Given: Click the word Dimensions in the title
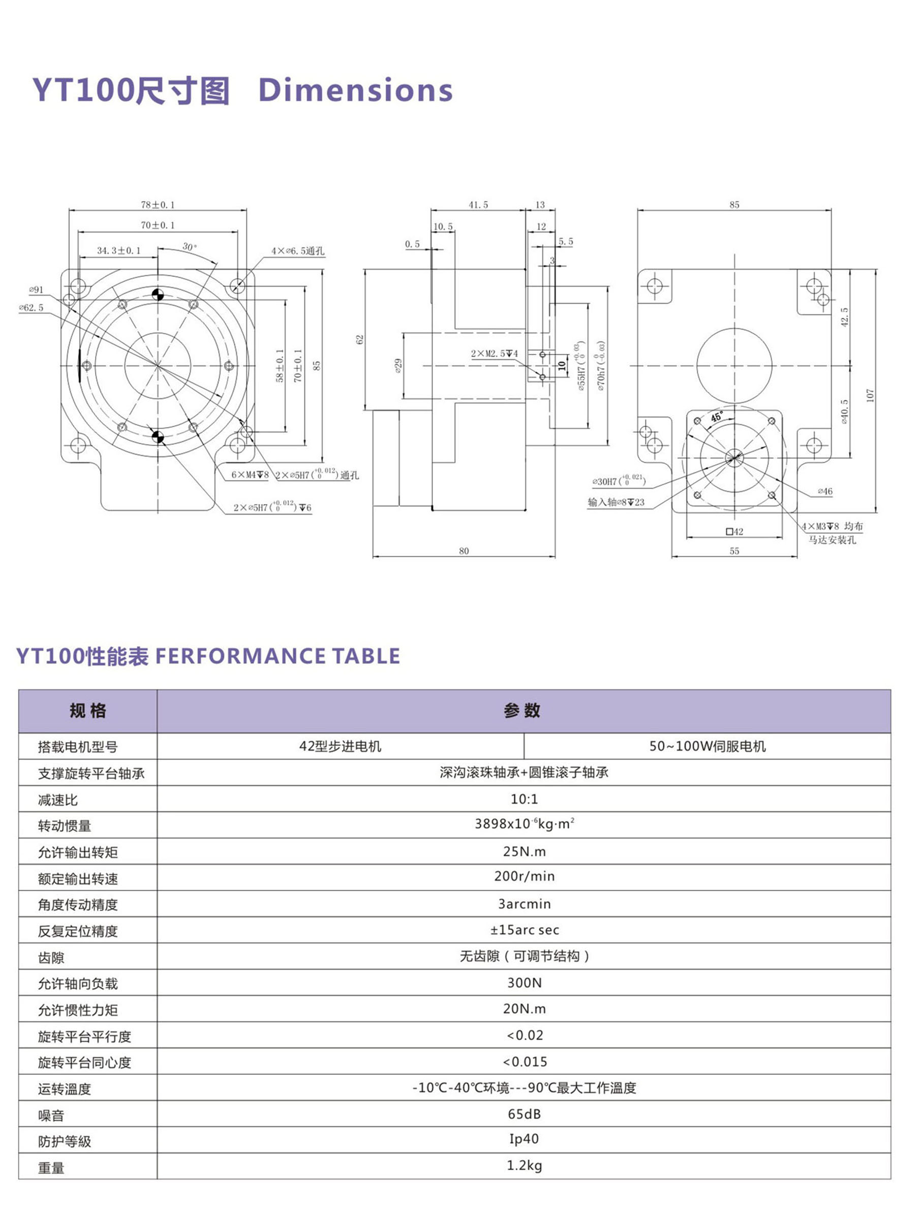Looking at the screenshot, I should pyautogui.click(x=355, y=90).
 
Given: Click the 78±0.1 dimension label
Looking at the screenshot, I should pyautogui.click(x=158, y=205).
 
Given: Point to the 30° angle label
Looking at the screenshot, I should pyautogui.click(x=189, y=247).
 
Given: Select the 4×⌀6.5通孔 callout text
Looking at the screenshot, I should pyautogui.click(x=297, y=250).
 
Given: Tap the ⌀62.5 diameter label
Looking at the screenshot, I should pyautogui.click(x=32, y=308).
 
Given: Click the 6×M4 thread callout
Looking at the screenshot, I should pyautogui.click(x=250, y=474).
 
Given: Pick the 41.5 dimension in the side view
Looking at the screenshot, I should pyautogui.click(x=478, y=205).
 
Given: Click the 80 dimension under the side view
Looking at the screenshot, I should pyautogui.click(x=464, y=551).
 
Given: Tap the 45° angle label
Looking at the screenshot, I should pyautogui.click(x=717, y=417).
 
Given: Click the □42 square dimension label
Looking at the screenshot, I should pyautogui.click(x=734, y=531).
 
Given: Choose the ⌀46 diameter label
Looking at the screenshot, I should pyautogui.click(x=825, y=491).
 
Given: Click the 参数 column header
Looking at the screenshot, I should pyautogui.click(x=522, y=710).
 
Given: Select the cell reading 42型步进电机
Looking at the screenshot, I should pyautogui.click(x=340, y=746).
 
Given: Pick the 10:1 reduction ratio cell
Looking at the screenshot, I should pyautogui.click(x=524, y=799).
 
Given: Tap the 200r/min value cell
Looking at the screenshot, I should pyautogui.click(x=524, y=876).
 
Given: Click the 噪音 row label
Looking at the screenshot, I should pyautogui.click(x=51, y=1115).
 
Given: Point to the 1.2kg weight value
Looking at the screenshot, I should pyautogui.click(x=524, y=1165).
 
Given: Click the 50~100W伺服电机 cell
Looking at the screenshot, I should pyautogui.click(x=708, y=746).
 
